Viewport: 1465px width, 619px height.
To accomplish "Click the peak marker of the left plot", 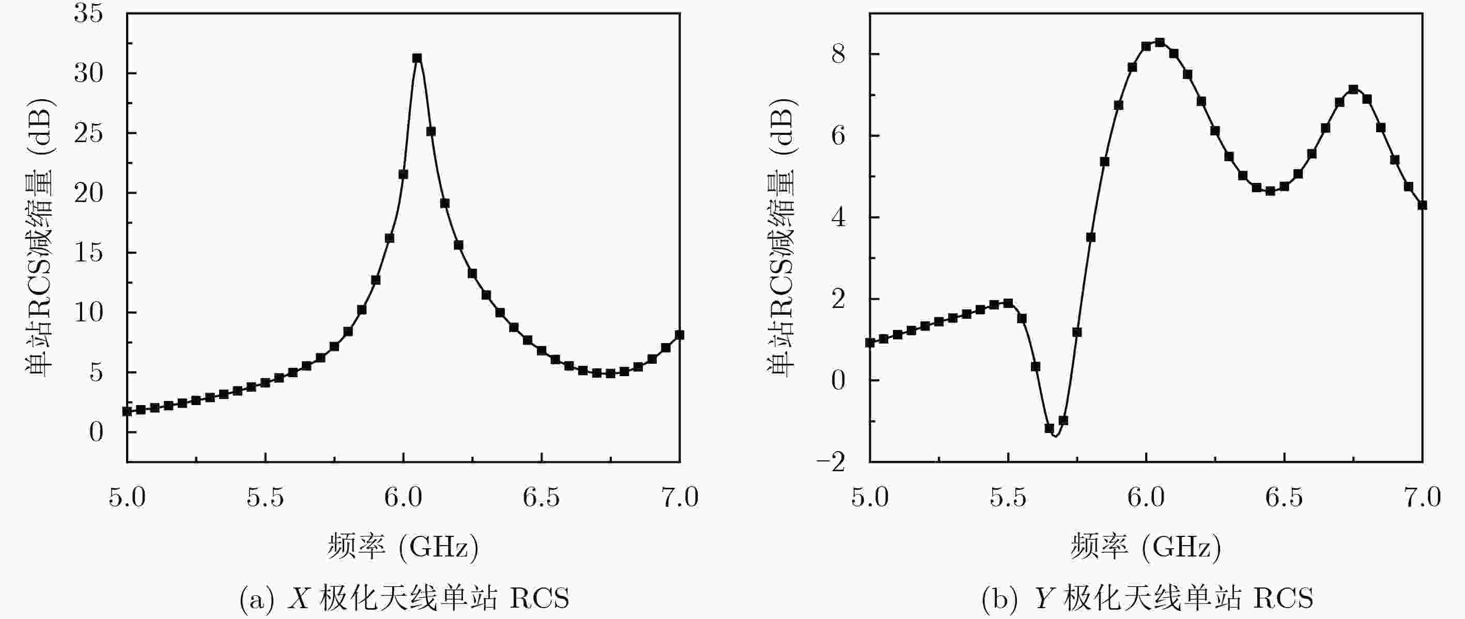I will pyautogui.click(x=417, y=58).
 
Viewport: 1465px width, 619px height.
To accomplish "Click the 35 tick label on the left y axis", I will pyautogui.click(x=89, y=13).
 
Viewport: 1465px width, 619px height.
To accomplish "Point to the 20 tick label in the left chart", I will pyautogui.click(x=89, y=193).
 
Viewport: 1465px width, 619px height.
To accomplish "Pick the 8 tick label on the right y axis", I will pyautogui.click(x=838, y=55).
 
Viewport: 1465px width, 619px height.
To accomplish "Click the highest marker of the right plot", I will pyautogui.click(x=1160, y=43).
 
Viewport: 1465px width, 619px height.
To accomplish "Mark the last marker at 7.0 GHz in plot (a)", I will pyautogui.click(x=679, y=335).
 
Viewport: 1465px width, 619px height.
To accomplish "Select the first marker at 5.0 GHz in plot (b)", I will pyautogui.click(x=870, y=343).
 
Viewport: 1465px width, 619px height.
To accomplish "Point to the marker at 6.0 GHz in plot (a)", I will pyautogui.click(x=403, y=175).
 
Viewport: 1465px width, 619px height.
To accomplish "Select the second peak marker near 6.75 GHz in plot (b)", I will pyautogui.click(x=1353, y=89).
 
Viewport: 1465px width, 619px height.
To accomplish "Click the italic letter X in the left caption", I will pyautogui.click(x=299, y=598).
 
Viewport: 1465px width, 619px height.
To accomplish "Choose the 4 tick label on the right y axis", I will pyautogui.click(x=838, y=218).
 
